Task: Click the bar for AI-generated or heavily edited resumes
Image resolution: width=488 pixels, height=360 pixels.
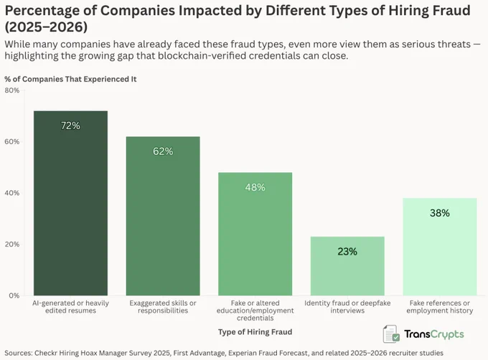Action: tap(70, 203)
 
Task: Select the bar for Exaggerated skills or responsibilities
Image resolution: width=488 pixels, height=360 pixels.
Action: tap(163, 216)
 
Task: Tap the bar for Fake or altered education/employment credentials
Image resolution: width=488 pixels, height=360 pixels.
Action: tap(255, 234)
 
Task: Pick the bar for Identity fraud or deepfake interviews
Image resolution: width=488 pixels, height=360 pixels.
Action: tap(347, 266)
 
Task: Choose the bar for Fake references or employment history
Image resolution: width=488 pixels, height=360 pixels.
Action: tap(440, 247)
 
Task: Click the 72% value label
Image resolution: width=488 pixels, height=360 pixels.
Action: tap(70, 125)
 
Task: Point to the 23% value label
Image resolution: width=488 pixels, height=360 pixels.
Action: tap(347, 251)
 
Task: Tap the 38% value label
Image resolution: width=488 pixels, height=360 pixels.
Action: tap(440, 213)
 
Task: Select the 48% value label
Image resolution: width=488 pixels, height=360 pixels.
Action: tap(255, 187)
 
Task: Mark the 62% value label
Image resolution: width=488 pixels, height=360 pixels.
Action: tap(163, 151)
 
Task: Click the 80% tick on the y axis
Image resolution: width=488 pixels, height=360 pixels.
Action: tap(12, 90)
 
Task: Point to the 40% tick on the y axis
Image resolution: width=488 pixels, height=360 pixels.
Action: tap(12, 193)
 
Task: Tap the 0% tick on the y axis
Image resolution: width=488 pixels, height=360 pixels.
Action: tap(14, 295)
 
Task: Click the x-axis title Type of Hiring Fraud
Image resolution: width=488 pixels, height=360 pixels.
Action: tap(255, 332)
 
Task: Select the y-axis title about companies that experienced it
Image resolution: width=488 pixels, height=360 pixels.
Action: tap(70, 80)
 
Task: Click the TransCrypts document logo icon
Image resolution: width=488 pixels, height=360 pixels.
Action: tap(391, 334)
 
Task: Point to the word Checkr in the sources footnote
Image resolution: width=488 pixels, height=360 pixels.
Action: tap(46, 353)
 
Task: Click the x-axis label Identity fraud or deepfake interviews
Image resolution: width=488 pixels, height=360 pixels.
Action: tap(347, 307)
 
